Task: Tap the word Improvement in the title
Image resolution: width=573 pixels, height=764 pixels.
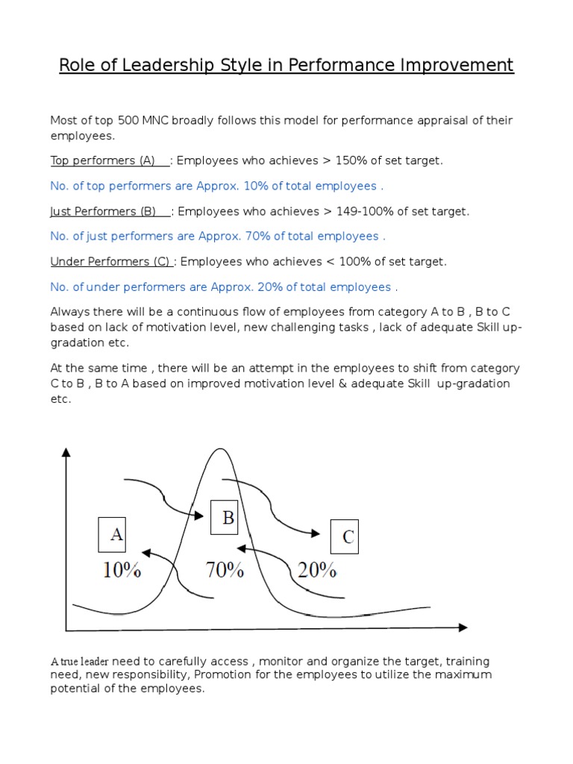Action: pos(456,66)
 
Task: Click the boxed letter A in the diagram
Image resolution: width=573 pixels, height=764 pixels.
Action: pos(116,534)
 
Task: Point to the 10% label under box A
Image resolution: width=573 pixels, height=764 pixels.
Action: pos(122,571)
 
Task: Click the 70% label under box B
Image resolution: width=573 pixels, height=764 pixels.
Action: pos(225,571)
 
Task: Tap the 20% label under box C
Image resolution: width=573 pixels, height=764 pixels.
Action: pos(317,571)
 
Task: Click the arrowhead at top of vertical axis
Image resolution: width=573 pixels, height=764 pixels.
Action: pos(66,452)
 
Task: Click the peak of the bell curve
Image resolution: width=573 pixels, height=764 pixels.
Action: pos(219,450)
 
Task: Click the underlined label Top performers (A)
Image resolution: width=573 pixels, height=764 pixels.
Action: pos(103,160)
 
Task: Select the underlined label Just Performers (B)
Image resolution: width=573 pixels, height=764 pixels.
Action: pos(103,211)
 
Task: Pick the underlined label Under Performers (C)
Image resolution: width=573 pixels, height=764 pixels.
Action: pos(111,261)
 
